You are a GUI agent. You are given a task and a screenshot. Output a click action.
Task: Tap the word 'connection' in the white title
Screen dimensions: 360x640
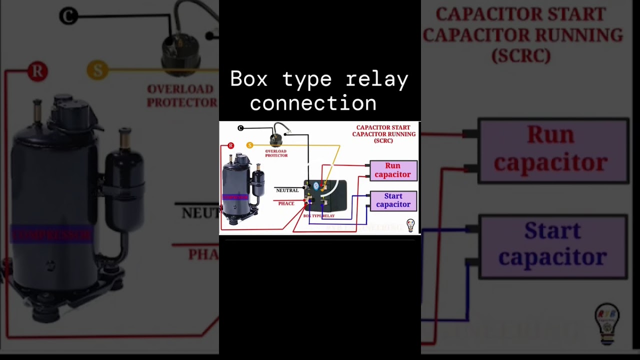pyautogui.click(x=313, y=103)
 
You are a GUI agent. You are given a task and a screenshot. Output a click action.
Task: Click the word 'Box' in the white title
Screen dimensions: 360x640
pyautogui.click(x=249, y=79)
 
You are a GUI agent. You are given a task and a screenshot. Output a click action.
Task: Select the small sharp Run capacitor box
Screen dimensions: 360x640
pyautogui.click(x=393, y=170)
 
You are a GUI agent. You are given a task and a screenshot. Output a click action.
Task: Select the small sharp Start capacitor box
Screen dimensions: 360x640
pyautogui.click(x=393, y=200)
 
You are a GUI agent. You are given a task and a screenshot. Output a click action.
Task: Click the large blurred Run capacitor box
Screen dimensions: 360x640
pyautogui.click(x=553, y=150)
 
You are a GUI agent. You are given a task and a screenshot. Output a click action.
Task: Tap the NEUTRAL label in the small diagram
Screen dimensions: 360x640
pyautogui.click(x=287, y=190)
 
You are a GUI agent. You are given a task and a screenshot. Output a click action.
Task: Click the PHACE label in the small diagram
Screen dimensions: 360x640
pyautogui.click(x=286, y=203)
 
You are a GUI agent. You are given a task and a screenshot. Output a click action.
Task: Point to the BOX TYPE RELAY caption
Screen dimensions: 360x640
pyautogui.click(x=319, y=216)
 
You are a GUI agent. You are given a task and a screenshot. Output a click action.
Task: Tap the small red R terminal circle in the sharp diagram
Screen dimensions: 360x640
pyautogui.click(x=230, y=145)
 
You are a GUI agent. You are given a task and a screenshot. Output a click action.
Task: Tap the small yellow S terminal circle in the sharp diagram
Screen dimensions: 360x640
pyautogui.click(x=249, y=145)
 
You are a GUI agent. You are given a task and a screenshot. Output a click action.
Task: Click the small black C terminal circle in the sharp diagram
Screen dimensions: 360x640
pyautogui.click(x=240, y=128)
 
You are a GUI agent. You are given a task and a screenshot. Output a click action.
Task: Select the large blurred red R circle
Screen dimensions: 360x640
pyautogui.click(x=37, y=71)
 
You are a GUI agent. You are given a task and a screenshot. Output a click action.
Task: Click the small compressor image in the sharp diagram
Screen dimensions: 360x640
pyautogui.click(x=242, y=190)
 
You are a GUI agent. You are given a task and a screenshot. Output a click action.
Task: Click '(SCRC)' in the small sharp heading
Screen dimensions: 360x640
pyautogui.click(x=383, y=141)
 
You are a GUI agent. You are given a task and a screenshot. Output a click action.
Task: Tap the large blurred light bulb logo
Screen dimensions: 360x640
pyautogui.click(x=607, y=323)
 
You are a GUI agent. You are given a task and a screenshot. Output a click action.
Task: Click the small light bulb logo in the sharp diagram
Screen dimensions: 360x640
pyautogui.click(x=410, y=225)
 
